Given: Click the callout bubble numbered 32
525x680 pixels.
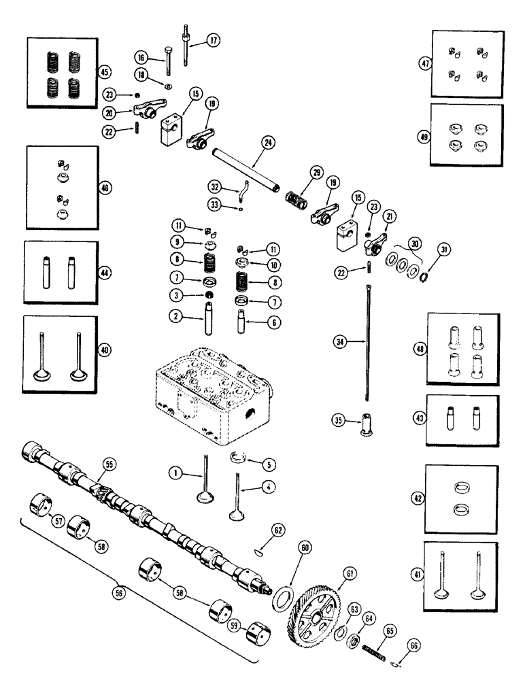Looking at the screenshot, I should click(215, 185).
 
